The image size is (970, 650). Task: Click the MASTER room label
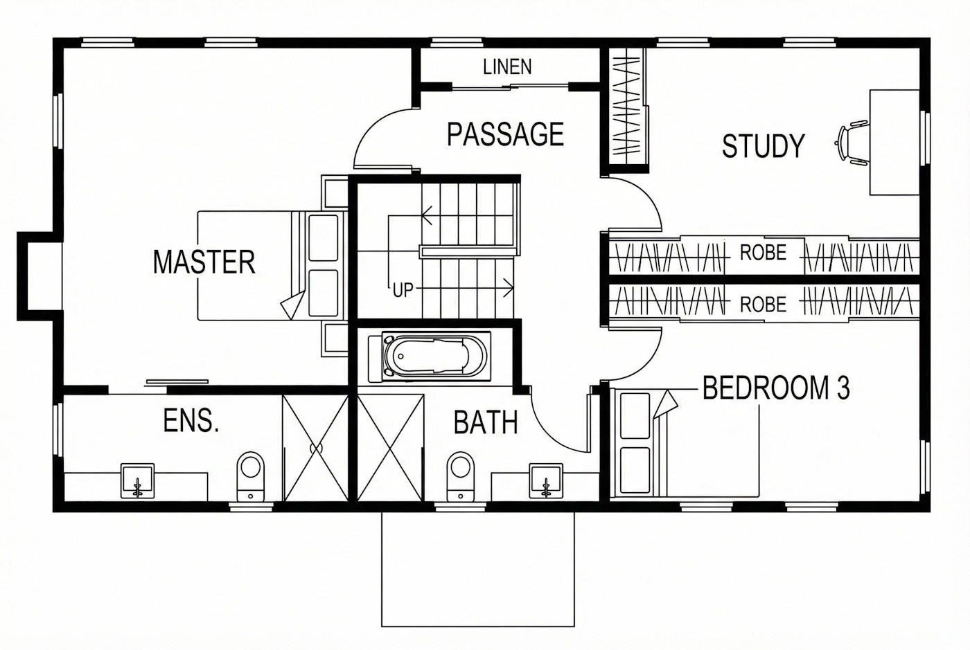tap(204, 262)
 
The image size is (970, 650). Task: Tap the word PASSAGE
tap(505, 134)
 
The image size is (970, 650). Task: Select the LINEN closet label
tap(507, 67)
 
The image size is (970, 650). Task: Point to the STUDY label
tap(763, 146)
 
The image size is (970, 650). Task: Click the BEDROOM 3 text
tap(775, 388)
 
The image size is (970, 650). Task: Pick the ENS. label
tap(191, 421)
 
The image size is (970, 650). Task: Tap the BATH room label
tap(486, 422)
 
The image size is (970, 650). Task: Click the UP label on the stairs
tap(403, 291)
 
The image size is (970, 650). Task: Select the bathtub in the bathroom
tap(435, 357)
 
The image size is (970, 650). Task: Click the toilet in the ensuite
tap(251, 476)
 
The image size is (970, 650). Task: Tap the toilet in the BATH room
tap(460, 476)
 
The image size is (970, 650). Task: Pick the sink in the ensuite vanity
tap(138, 481)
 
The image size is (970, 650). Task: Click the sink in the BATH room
tap(547, 481)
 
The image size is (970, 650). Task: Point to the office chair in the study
tap(853, 143)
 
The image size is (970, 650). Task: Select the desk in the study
tap(894, 143)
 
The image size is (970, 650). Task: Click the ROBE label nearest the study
tap(763, 253)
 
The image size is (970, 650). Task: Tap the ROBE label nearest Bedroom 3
tap(763, 305)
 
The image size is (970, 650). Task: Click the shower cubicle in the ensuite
tap(316, 448)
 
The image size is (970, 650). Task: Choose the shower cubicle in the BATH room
tap(390, 448)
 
